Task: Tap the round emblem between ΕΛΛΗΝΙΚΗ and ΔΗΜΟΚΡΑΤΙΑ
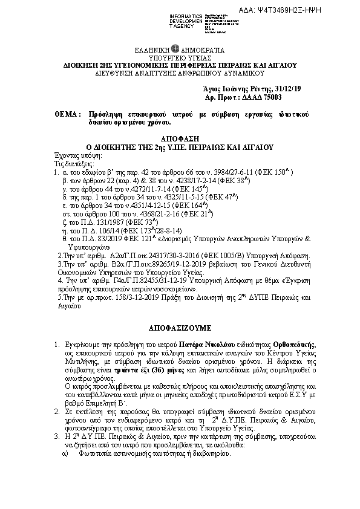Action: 175,49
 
